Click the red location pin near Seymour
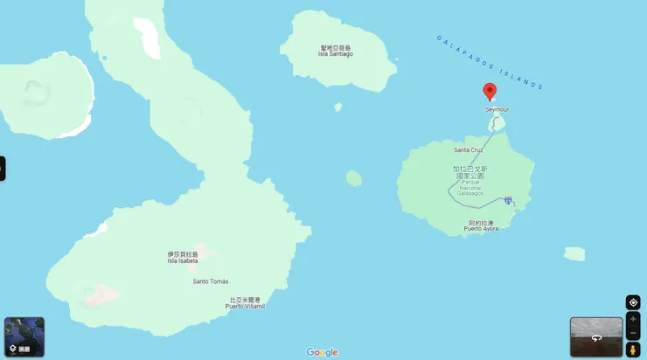tap(490, 92)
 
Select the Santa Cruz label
tap(469, 150)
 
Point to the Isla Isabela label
tap(183, 258)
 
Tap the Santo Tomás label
tap(211, 281)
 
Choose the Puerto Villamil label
tap(245, 303)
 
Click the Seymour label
tap(497, 110)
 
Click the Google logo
tap(322, 352)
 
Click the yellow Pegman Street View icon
tap(632, 350)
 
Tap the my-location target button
tap(633, 302)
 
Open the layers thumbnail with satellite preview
tap(24, 336)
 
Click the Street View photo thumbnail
tap(596, 336)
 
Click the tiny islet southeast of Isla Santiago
tap(337, 107)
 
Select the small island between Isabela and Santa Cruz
tap(353, 178)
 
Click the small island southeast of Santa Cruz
tap(574, 254)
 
